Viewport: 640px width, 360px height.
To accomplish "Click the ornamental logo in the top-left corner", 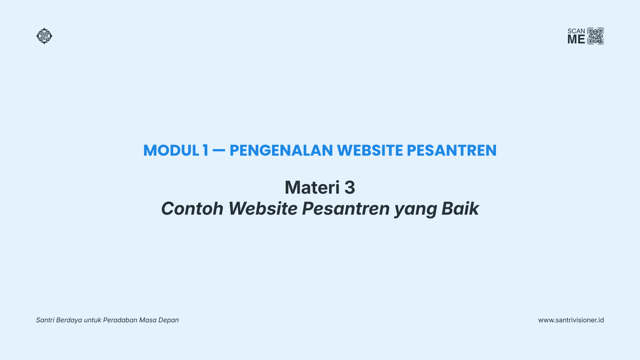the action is [44, 36].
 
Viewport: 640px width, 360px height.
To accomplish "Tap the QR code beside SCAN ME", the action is [596, 36].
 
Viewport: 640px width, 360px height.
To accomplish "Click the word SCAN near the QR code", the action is [576, 31].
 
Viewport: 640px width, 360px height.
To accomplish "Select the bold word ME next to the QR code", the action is [576, 39].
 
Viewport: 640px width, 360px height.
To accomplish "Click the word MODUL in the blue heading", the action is [171, 150].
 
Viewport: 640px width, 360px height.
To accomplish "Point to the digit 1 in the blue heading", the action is [205, 150].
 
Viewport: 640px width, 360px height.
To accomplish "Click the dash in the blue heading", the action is [219, 151].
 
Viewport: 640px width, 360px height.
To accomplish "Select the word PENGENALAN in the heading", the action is [281, 150].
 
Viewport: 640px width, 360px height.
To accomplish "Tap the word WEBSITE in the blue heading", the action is [370, 150].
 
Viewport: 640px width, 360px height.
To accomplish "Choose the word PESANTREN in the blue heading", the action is [452, 150].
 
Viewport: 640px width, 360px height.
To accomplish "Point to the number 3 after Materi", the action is [350, 187].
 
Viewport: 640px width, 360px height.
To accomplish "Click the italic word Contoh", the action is [192, 209].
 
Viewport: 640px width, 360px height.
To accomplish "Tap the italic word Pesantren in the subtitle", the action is [346, 209].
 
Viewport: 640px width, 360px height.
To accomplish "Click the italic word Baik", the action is [460, 209].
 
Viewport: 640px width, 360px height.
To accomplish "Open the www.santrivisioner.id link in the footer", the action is [571, 320].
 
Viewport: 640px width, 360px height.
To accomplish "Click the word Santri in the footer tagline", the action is [45, 320].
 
